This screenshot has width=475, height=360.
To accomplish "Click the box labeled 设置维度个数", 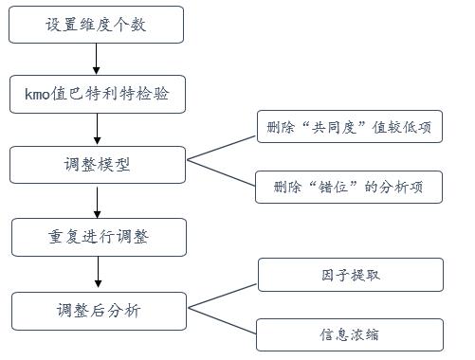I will click(96, 26).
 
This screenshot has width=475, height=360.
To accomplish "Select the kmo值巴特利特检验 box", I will click(96, 94).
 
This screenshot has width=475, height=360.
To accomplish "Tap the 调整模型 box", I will click(96, 164).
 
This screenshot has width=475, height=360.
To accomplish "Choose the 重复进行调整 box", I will click(96, 237).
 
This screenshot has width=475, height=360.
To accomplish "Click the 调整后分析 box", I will click(96, 310).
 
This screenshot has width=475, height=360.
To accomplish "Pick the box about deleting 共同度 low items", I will click(350, 127).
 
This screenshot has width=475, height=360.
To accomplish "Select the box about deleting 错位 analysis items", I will click(350, 187).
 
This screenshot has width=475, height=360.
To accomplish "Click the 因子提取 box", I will click(350, 275).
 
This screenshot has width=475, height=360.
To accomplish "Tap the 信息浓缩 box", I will click(350, 333).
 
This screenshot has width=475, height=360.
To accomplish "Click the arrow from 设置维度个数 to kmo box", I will click(96, 60).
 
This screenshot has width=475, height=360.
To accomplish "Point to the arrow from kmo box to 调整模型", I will click(96, 129).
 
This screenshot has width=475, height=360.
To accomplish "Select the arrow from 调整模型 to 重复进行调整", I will click(96, 201).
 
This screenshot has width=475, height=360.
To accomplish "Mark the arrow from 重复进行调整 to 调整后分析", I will click(96, 273).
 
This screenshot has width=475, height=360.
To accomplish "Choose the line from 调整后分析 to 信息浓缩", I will click(221, 322).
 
